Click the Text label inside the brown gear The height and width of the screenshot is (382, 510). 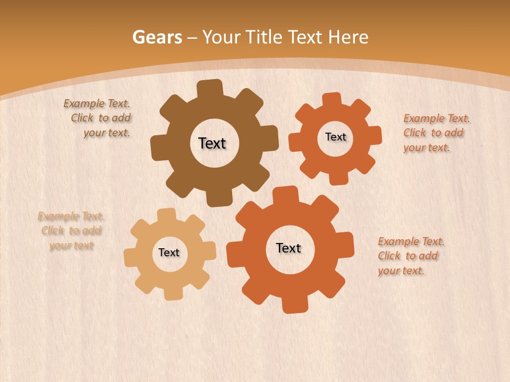click(212, 143)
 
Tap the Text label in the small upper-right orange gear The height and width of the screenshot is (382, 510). click(335, 137)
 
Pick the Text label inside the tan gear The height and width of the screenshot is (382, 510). click(169, 253)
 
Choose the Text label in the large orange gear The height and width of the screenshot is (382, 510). click(288, 248)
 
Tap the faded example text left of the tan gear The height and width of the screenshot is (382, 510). click(71, 231)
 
